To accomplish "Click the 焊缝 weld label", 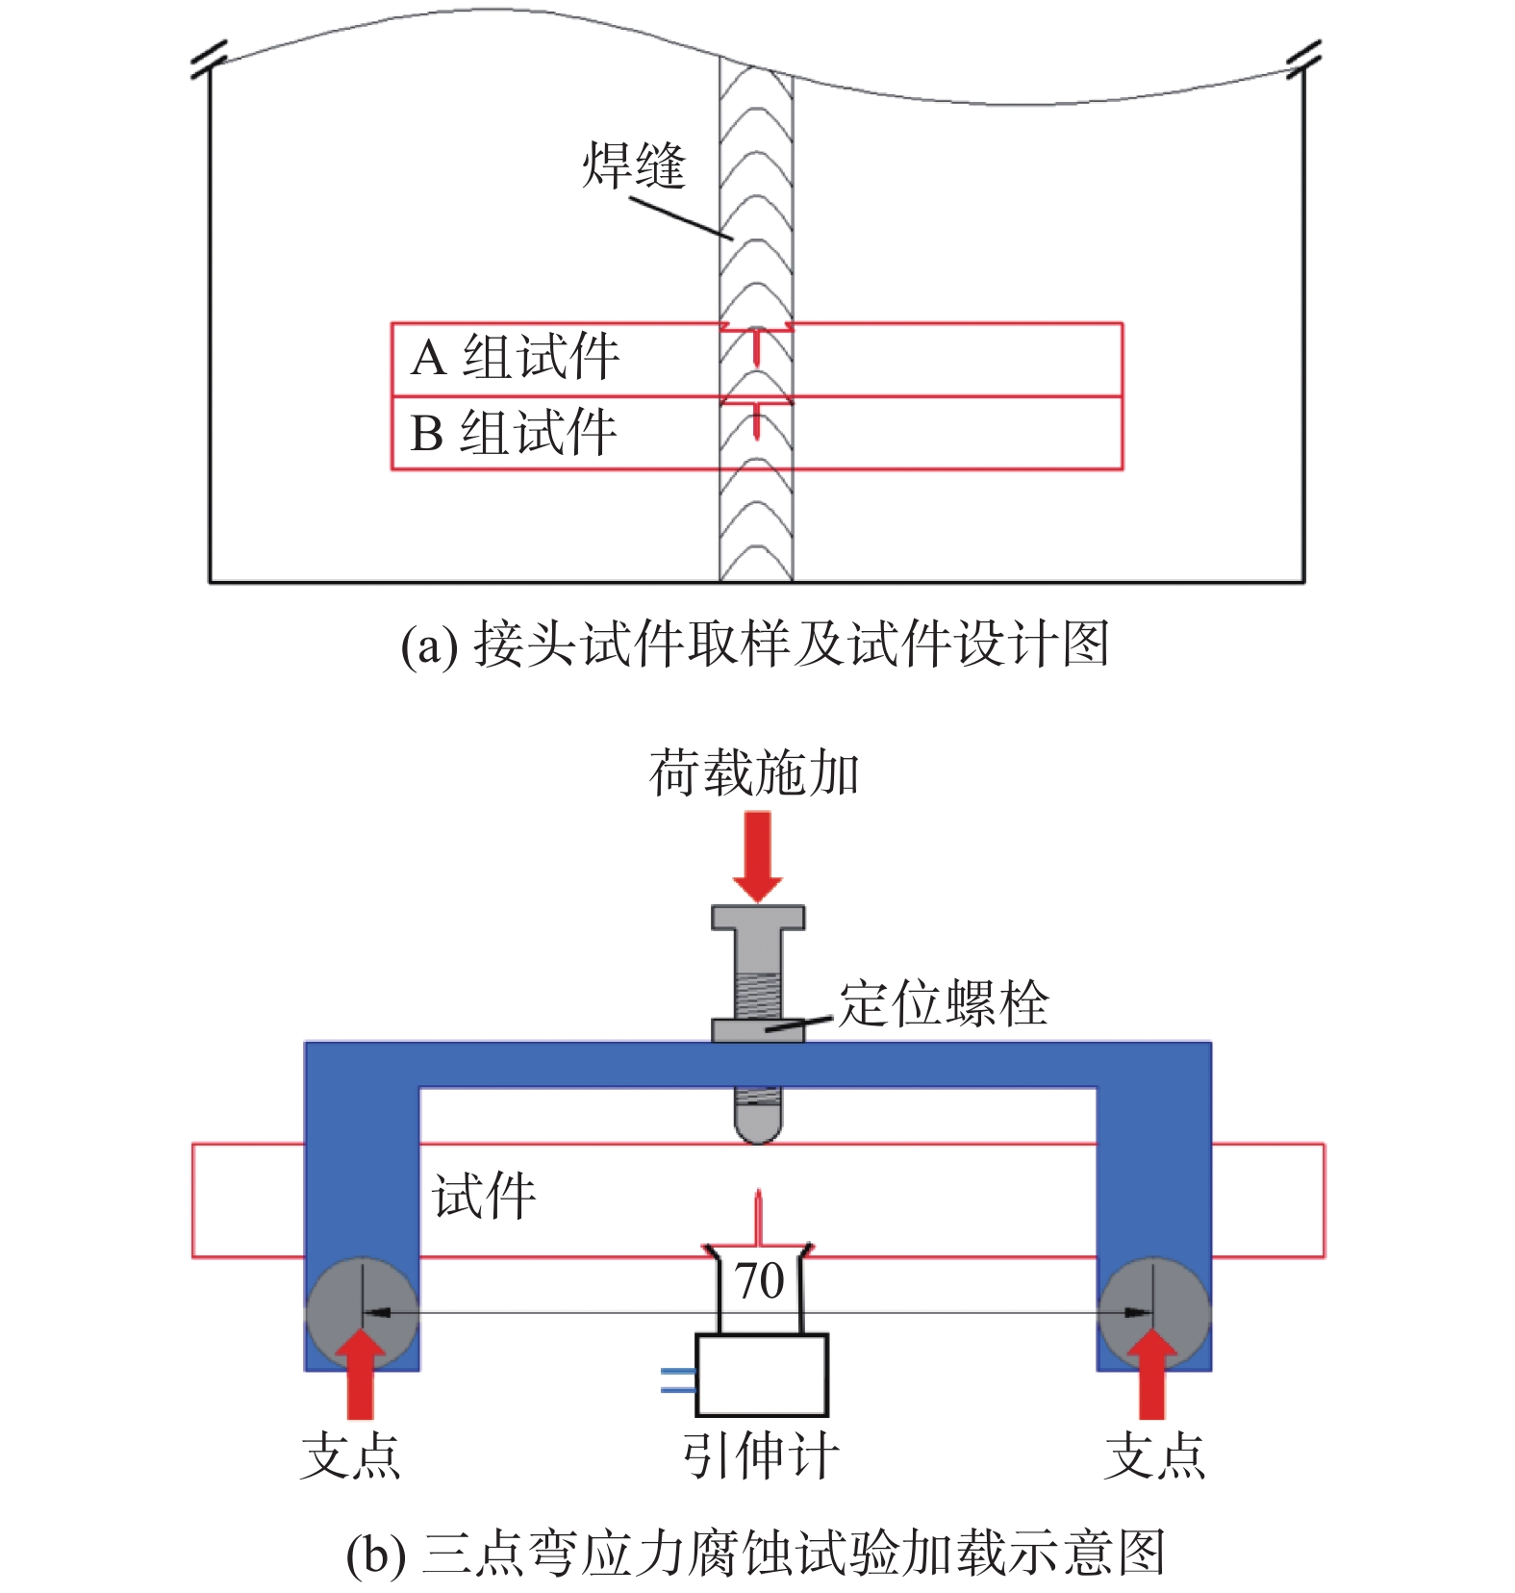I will (x=633, y=165).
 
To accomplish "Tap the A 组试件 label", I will (x=515, y=358).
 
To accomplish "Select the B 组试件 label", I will (x=513, y=433).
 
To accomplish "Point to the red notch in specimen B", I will (x=757, y=419).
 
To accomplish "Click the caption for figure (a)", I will (x=755, y=644).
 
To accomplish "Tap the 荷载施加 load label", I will (x=754, y=773).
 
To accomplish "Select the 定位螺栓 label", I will (x=943, y=1003).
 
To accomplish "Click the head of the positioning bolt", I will (x=758, y=918).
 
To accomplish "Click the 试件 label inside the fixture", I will (x=484, y=1197).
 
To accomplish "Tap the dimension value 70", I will (x=760, y=1281).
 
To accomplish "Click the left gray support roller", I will (x=362, y=1312).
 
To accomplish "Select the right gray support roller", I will (x=1153, y=1312).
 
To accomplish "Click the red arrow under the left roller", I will (x=361, y=1376).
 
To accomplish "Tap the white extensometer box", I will (x=762, y=1375).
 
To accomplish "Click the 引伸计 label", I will (x=761, y=1455).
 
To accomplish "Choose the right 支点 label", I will (x=1154, y=1455).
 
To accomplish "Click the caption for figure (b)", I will (x=755, y=1554).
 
